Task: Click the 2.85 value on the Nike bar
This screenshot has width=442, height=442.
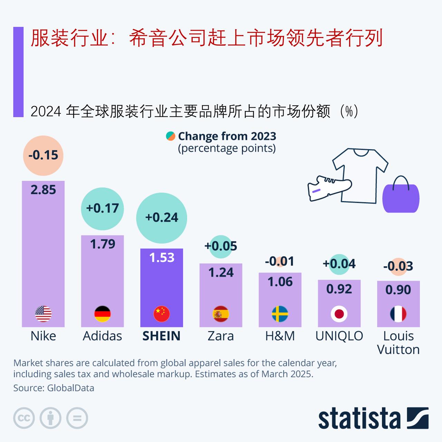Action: (43, 190)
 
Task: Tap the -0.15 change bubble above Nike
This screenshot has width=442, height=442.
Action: (43, 155)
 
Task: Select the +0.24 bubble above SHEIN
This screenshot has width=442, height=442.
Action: (162, 218)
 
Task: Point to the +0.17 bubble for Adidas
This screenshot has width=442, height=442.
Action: (102, 209)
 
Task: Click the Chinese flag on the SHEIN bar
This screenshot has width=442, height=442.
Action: (162, 314)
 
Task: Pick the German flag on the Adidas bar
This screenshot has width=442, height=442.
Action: (102, 314)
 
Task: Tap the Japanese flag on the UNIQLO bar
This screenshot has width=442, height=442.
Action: (339, 314)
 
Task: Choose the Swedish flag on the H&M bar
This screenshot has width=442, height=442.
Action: (280, 314)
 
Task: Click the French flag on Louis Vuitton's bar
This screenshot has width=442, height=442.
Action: (398, 314)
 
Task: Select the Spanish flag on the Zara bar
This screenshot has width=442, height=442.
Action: (221, 314)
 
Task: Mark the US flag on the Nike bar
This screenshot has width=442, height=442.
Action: (43, 314)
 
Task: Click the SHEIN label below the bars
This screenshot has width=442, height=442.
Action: (162, 336)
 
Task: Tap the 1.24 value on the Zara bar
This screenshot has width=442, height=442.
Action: (221, 273)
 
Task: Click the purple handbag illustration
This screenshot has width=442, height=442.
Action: (401, 198)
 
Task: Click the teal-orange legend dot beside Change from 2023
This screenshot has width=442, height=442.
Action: (171, 136)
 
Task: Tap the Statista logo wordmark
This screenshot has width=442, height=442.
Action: (359, 419)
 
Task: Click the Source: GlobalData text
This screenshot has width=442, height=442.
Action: (54, 388)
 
